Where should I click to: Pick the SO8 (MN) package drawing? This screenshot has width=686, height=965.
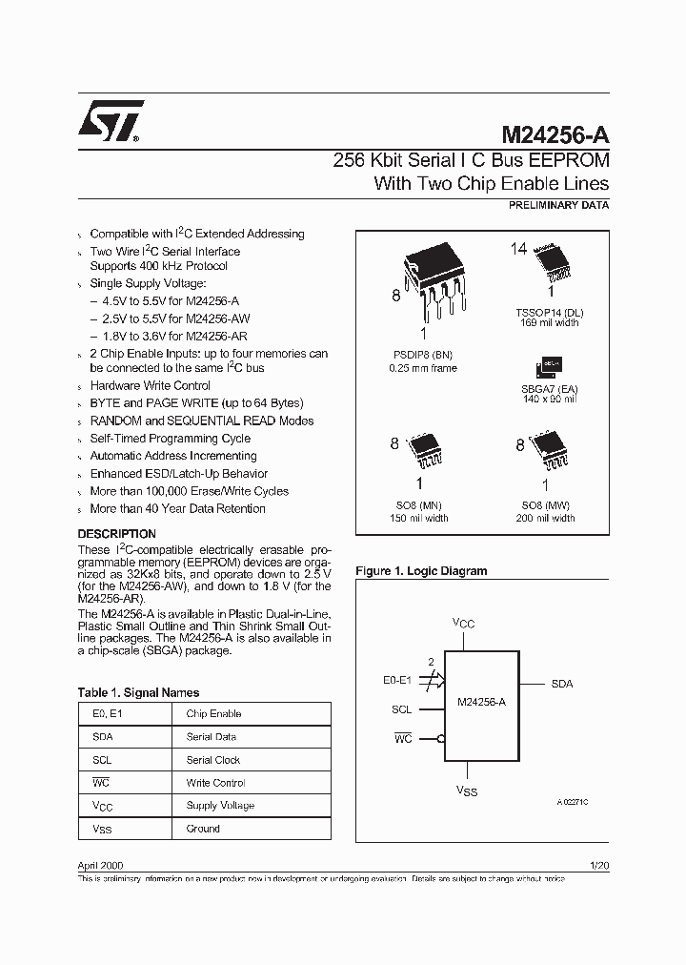[x=424, y=450]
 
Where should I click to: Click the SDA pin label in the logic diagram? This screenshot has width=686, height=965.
[x=562, y=685]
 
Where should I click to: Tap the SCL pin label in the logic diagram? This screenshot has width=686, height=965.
[x=401, y=709]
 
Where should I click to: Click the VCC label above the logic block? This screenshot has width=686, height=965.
[x=464, y=623]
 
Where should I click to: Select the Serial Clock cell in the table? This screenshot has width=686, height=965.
[x=213, y=760]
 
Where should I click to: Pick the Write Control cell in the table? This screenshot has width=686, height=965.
[x=215, y=783]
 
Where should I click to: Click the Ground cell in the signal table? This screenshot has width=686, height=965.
[x=203, y=829]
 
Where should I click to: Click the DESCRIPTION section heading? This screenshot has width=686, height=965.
[x=116, y=534]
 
